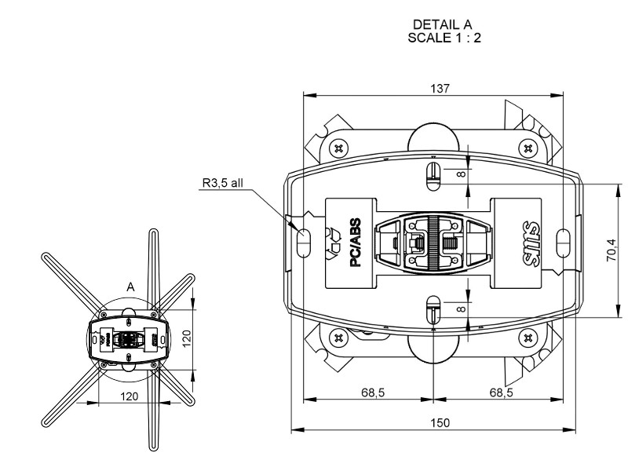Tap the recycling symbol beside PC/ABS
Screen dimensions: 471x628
[334, 243]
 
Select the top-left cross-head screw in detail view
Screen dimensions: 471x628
[339, 147]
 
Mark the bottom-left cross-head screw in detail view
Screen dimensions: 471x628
[339, 338]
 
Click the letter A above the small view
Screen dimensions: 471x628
[130, 288]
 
